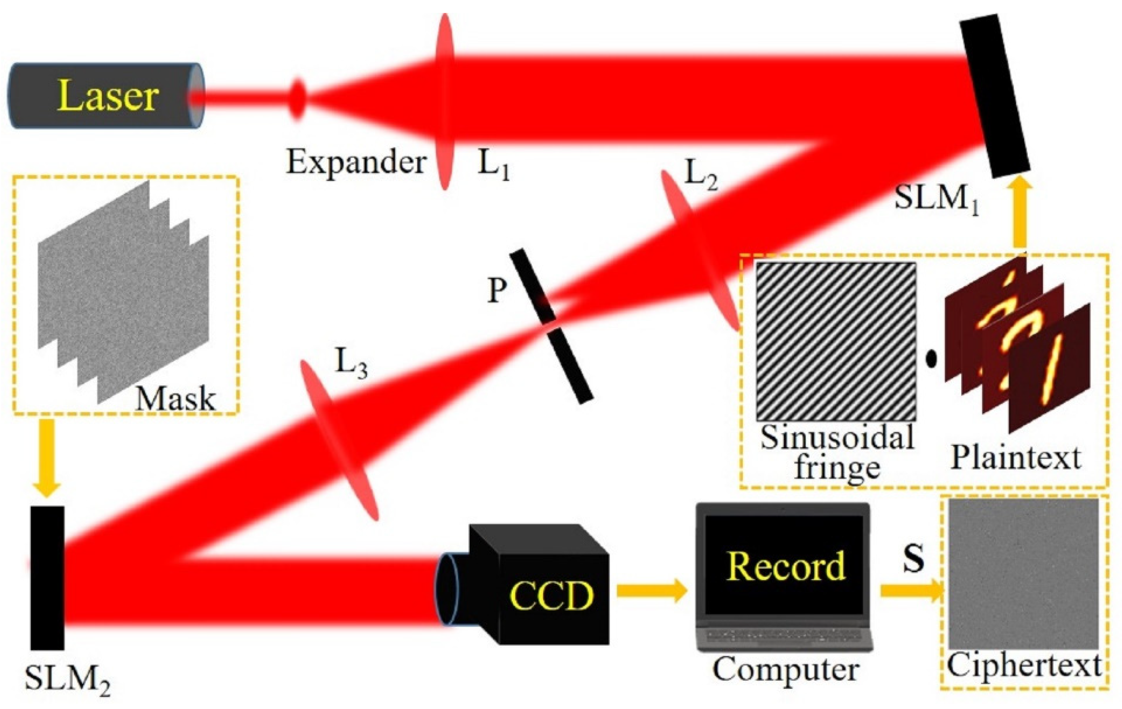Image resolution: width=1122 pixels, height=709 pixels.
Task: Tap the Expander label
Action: point(356,164)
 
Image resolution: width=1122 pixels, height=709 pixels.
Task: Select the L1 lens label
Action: point(494,165)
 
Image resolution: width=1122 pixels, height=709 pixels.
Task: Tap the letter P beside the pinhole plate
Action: point(496,291)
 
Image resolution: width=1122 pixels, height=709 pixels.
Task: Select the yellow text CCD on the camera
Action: point(552,596)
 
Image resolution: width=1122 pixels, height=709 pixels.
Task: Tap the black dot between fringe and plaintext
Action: point(931,359)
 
